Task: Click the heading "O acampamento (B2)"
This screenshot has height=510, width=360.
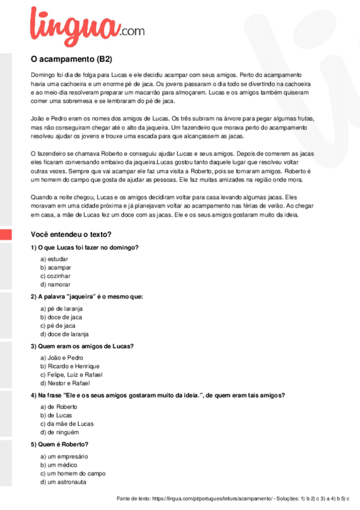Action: (x=71, y=60)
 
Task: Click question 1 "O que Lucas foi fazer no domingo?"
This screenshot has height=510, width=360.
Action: (x=85, y=248)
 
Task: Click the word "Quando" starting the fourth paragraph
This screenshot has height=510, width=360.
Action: (x=41, y=197)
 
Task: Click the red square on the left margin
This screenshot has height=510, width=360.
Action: (x=5, y=235)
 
